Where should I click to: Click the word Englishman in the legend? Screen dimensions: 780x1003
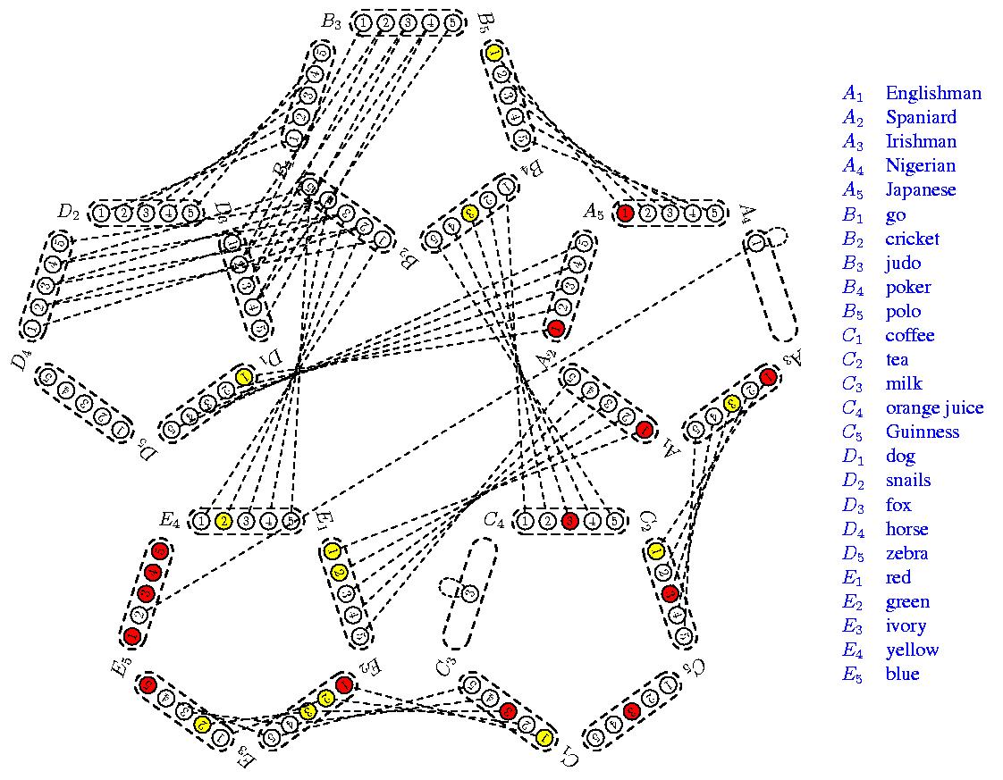coord(932,93)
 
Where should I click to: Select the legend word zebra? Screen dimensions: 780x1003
coord(906,553)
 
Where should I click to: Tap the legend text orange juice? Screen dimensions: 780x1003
coord(934,408)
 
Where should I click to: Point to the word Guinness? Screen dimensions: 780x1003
coord(922,432)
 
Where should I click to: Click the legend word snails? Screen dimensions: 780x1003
coord(907,481)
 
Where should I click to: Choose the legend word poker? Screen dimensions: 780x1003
coord(907,288)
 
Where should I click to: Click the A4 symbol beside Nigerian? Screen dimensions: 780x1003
coord(854,166)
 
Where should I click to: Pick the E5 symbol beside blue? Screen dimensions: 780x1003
coord(854,675)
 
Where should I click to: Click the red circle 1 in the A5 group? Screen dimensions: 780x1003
coord(626,213)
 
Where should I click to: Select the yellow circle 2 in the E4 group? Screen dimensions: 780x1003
coord(224,520)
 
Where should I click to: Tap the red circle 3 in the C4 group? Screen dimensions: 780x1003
coord(569,520)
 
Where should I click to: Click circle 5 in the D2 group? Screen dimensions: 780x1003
coord(189,213)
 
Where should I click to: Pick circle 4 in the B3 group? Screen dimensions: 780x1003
coord(430,22)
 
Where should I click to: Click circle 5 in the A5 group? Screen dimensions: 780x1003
coord(712,213)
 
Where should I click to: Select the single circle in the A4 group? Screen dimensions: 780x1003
coord(757,241)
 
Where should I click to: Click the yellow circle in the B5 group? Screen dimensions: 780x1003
coord(493,54)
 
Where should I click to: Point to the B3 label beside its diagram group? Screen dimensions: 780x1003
coord(332,22)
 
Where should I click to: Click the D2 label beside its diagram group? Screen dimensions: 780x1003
coord(69,212)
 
